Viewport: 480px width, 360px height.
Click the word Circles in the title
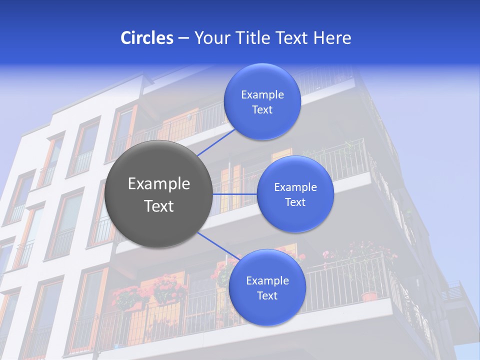147,38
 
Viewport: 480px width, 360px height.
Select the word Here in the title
332,38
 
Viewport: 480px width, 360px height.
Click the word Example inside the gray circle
159,184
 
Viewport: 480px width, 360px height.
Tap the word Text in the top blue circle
262,110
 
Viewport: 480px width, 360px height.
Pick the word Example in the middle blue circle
295,187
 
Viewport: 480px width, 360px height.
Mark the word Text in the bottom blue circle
267,296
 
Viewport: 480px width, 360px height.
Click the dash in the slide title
183,38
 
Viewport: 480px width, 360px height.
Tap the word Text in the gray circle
159,206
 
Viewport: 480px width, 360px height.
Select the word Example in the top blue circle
262,95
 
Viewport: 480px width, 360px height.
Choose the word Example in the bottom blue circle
267,281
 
